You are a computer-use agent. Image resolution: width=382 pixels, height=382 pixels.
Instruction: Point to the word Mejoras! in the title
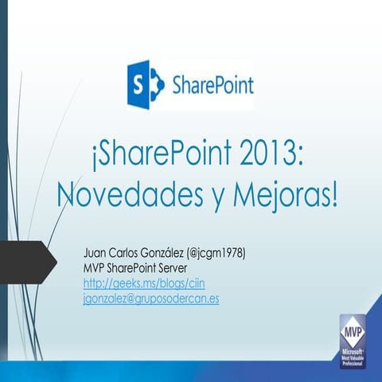point(283,193)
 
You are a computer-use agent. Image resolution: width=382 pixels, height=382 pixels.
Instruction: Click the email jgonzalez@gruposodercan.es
point(151,298)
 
